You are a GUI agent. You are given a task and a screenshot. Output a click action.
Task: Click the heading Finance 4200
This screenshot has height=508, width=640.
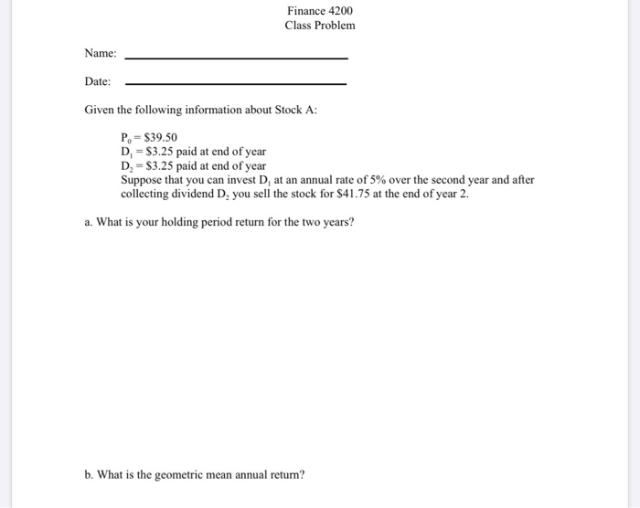319,11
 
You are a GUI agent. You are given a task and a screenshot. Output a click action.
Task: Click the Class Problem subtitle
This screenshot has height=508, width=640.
319,26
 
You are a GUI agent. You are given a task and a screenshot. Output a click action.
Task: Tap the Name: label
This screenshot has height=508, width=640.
101,55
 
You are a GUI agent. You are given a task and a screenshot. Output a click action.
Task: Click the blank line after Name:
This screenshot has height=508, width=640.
236,58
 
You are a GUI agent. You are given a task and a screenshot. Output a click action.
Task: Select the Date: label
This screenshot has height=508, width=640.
98,82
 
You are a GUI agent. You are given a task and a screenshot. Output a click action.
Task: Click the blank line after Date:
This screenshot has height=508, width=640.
236,85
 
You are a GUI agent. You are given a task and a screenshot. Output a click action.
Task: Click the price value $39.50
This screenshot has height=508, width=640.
149,138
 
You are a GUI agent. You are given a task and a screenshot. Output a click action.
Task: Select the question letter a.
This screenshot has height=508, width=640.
88,222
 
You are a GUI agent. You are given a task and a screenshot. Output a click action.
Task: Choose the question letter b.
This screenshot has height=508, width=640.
88,474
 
